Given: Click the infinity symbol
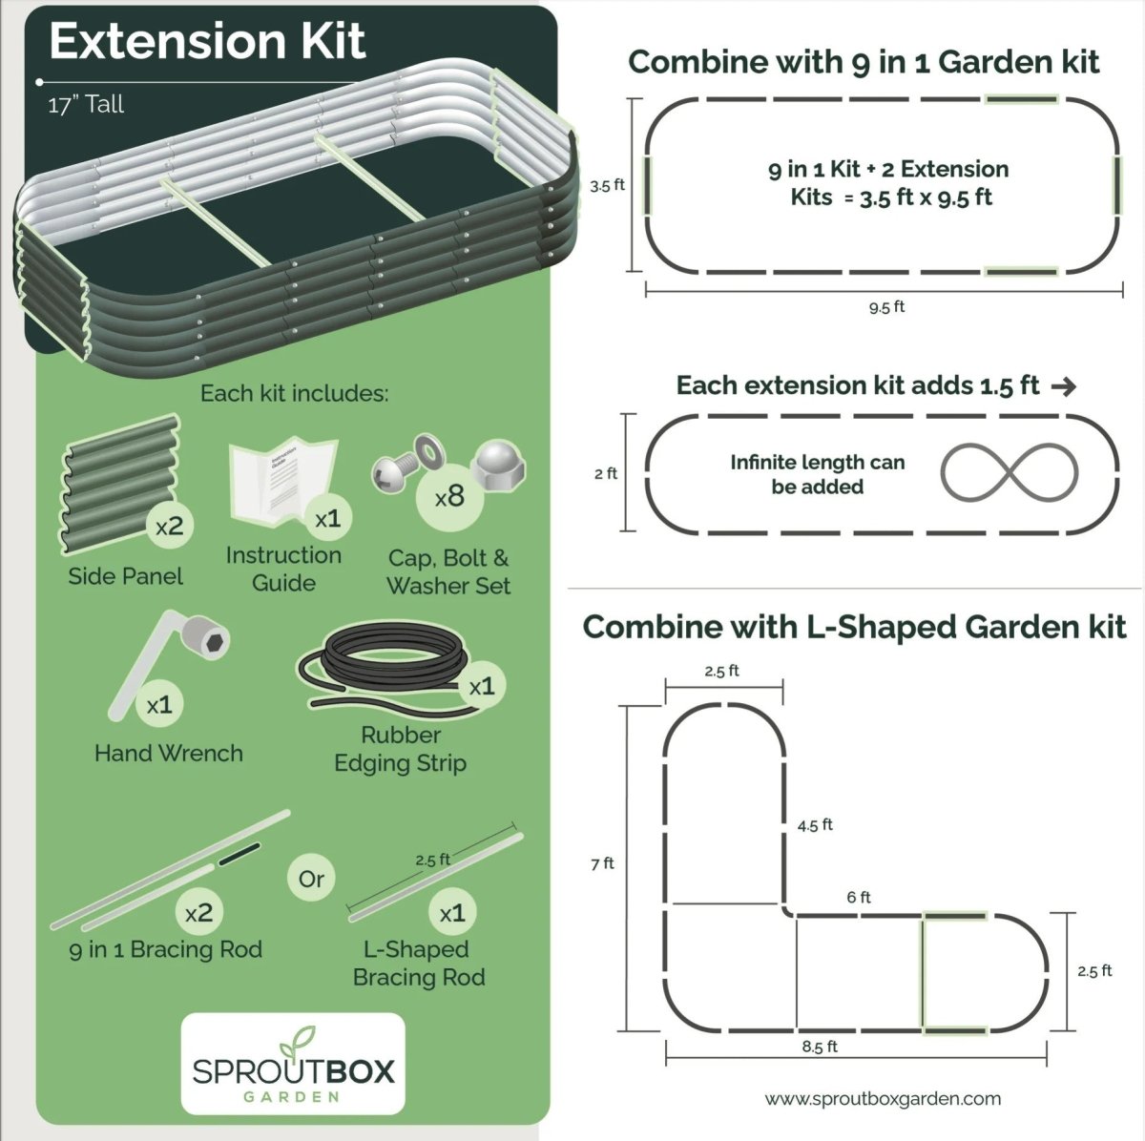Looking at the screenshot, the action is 1009,473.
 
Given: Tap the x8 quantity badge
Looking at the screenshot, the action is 449,496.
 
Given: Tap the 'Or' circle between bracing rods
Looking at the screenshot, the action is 311,879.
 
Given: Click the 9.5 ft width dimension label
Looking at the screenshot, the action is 886,306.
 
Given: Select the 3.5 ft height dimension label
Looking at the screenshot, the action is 607,185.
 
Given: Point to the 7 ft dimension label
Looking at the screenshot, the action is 602,863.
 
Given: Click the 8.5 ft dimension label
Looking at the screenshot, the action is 820,1063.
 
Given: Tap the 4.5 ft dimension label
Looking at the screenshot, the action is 815,825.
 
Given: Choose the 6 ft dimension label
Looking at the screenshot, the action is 859,898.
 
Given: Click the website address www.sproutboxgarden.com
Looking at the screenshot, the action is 883,1099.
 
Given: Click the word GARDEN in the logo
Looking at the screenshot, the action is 292,1096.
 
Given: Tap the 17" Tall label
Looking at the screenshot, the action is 86,105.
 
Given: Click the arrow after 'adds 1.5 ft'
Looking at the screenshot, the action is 1064,387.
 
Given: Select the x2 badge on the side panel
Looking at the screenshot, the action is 170,526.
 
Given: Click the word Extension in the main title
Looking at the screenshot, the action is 168,42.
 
